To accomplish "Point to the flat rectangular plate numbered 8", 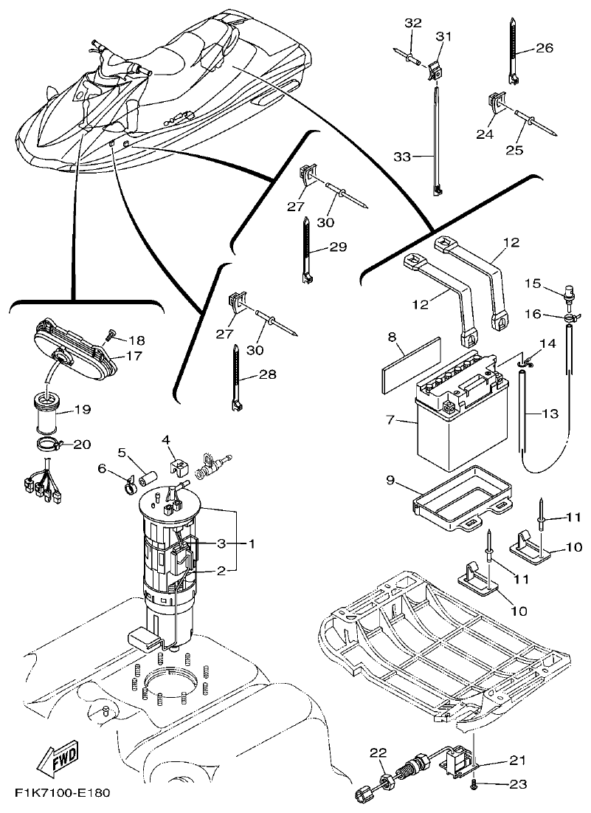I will pyautogui.click(x=410, y=364).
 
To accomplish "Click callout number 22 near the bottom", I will pyautogui.click(x=378, y=753).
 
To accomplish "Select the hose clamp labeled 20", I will pyautogui.click(x=50, y=445).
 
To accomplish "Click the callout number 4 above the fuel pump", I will pyautogui.click(x=167, y=440).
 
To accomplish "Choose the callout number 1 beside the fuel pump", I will pyautogui.click(x=251, y=544).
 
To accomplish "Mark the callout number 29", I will pyautogui.click(x=337, y=247).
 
